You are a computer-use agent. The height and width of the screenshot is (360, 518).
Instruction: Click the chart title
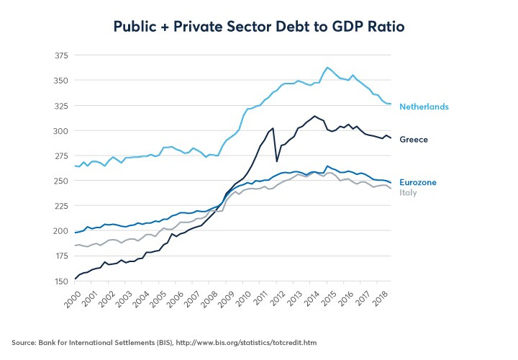258,27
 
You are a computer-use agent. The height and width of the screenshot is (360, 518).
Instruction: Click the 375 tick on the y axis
61,55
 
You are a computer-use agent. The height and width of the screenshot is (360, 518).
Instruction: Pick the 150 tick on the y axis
61,281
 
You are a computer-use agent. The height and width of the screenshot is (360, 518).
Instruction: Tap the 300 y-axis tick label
61,131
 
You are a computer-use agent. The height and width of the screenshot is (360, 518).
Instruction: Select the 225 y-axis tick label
61,206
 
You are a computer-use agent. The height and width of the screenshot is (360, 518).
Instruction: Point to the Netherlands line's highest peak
327,68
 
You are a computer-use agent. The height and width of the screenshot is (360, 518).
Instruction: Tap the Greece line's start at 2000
75,279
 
